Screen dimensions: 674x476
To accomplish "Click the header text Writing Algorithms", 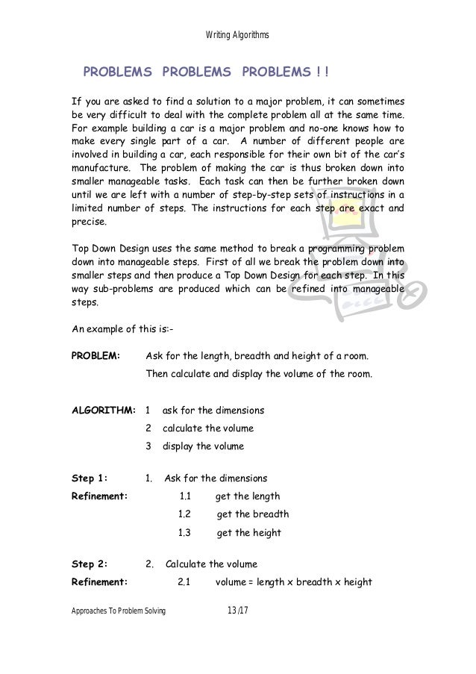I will (x=237, y=35).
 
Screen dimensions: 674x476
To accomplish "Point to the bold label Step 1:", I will (x=89, y=478).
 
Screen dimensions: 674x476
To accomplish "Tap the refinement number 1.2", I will (x=185, y=514).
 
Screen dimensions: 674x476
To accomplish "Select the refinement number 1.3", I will (x=185, y=533).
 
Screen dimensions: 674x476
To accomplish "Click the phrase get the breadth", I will (x=253, y=514).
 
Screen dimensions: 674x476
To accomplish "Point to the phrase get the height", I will (x=249, y=533).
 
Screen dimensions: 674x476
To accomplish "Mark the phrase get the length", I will (x=248, y=496).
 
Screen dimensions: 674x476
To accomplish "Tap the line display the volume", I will (x=203, y=447).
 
